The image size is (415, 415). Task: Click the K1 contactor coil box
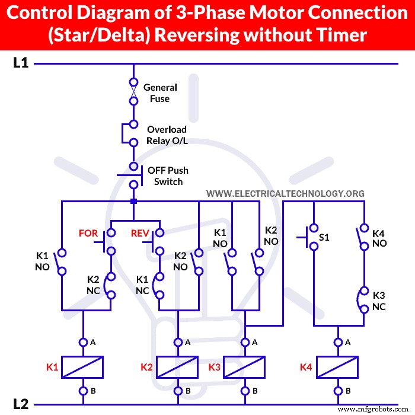pos(83,367)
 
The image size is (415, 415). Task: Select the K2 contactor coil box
pos(177,367)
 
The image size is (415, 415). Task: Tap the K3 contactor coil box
pos(244,367)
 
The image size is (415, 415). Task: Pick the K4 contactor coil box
pos(338,367)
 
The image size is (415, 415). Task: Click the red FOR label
pos(88,233)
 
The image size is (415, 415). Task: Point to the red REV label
pos(140,233)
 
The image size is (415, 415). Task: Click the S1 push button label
pos(324,237)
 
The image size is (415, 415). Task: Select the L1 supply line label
pos(21,63)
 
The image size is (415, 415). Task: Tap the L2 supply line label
pos(21,404)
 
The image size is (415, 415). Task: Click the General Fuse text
pos(160,93)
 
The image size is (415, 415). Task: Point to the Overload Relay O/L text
pos(167,135)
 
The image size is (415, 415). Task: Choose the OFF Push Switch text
pos(168,176)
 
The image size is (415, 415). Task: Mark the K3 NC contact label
pos(379,301)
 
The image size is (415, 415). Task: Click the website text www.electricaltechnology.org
pos(285,194)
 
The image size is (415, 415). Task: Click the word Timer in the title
pos(340,35)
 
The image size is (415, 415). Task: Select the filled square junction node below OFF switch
pos(134,202)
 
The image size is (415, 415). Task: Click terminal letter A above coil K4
pos(348,342)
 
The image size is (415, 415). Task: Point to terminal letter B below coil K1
pos(93,391)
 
